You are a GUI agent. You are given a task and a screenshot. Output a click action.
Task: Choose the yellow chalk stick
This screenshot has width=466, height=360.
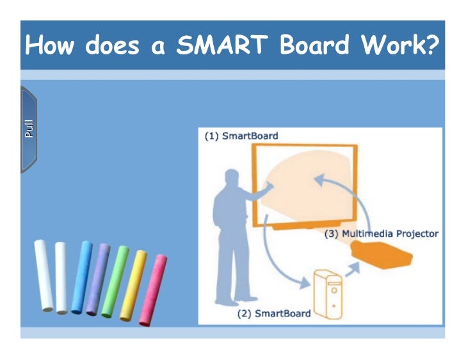click(133, 285)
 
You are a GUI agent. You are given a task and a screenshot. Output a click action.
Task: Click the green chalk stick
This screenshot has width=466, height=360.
click(115, 281)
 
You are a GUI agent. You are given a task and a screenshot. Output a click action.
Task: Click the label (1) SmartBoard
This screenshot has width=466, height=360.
click(241, 136)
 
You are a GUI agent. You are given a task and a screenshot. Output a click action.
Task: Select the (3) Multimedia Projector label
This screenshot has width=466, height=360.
click(382, 233)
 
